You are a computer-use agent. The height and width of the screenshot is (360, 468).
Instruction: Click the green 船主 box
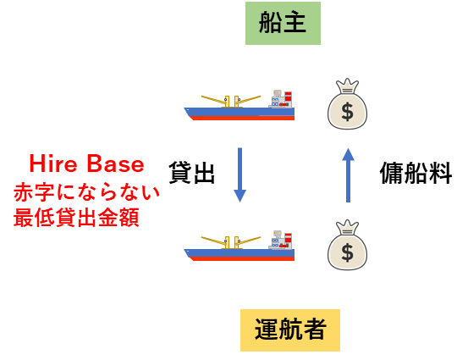(283, 24)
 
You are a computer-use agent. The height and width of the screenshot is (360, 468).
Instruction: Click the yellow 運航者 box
(290, 330)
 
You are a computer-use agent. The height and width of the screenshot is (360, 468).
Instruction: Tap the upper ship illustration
(240, 105)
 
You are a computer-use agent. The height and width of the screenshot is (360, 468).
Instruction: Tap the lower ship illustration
(240, 246)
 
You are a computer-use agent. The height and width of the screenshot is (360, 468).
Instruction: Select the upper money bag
(348, 103)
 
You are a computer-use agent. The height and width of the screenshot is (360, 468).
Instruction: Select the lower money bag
(348, 245)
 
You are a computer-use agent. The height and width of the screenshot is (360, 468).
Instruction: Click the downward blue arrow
(240, 174)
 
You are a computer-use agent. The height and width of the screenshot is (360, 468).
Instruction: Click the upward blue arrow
(348, 175)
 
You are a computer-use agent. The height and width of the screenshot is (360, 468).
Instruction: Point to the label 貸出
(191, 173)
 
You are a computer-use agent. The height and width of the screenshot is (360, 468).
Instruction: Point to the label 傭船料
(416, 173)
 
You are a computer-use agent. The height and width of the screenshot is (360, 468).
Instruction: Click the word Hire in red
(53, 163)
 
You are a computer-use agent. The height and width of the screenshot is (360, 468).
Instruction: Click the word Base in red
(115, 163)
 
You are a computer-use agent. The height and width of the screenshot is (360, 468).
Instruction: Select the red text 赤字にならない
(86, 191)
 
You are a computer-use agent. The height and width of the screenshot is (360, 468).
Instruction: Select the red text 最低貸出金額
(76, 217)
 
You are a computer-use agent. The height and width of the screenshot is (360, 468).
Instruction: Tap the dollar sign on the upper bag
(348, 112)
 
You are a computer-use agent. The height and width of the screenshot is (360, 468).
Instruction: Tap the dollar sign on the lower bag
(348, 252)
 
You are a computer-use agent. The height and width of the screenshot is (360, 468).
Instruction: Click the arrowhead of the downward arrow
(240, 196)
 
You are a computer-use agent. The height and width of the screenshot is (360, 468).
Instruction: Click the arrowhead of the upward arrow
(348, 154)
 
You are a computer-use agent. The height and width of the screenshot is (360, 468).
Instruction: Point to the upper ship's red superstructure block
(288, 97)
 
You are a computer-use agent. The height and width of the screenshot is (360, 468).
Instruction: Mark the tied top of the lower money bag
(347, 228)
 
